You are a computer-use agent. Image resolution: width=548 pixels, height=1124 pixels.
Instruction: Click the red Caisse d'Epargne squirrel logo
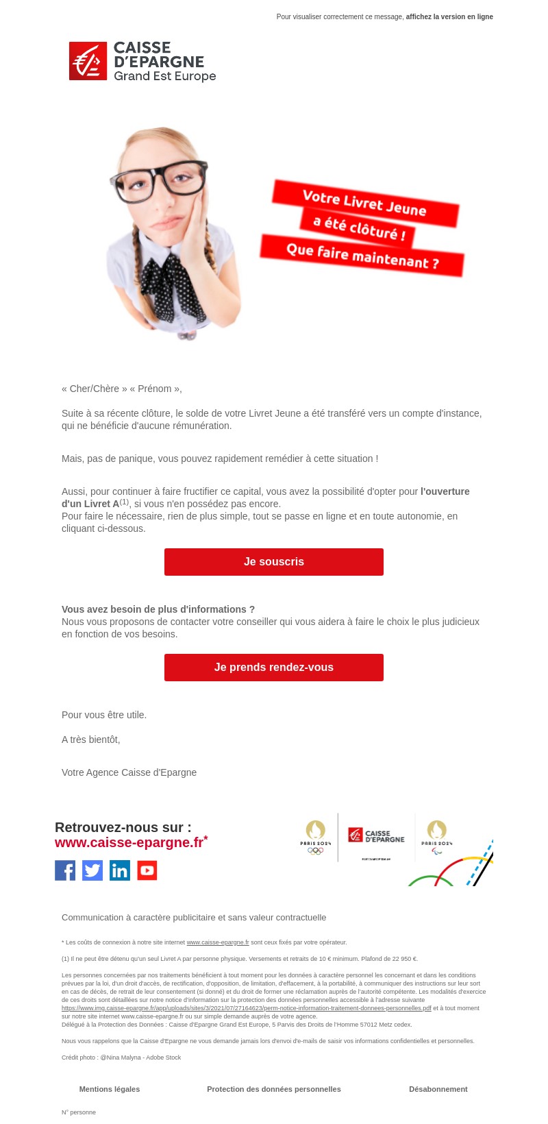tap(88, 61)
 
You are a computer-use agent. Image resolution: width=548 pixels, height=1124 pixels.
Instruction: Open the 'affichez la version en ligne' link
tap(449, 17)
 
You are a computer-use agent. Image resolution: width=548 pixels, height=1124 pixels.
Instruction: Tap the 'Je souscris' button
tap(274, 562)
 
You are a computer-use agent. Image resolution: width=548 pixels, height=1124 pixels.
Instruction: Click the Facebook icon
tap(65, 870)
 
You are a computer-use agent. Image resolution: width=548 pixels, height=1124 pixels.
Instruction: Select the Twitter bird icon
tap(92, 870)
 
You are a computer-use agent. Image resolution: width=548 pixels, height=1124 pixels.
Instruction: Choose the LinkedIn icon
tap(120, 870)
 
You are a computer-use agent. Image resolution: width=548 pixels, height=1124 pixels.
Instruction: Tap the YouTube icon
tap(147, 870)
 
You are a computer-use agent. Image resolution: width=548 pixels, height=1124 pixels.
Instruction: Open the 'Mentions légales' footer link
tap(110, 1089)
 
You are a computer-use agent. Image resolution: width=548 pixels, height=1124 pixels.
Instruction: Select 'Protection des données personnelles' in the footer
tap(274, 1089)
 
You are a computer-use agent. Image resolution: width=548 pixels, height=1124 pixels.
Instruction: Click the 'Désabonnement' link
tap(438, 1089)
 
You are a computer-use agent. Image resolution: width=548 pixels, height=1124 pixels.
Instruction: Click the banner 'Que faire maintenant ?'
tap(362, 256)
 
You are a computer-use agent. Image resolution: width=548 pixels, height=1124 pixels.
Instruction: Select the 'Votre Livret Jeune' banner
tap(364, 203)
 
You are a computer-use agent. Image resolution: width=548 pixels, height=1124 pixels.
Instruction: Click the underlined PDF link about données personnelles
tap(247, 1008)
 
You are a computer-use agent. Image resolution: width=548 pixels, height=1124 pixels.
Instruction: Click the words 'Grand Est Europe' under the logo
tap(164, 76)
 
